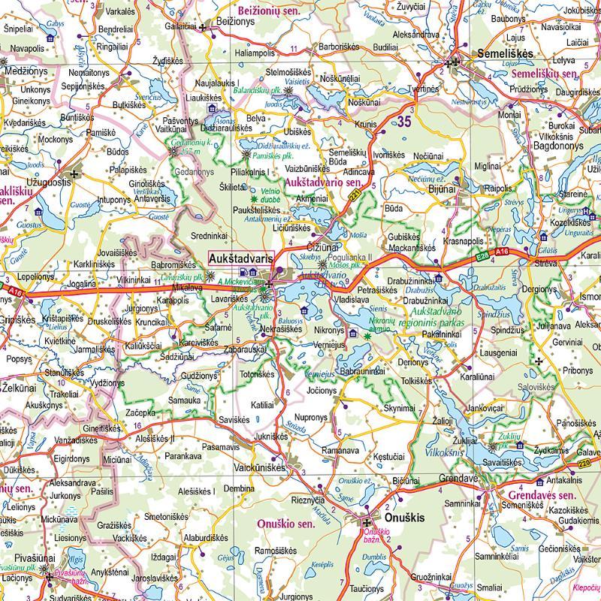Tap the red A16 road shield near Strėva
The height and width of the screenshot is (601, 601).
[x=502, y=252]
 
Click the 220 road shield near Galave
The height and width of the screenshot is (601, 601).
[x=585, y=464]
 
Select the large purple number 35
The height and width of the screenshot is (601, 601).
[x=406, y=120]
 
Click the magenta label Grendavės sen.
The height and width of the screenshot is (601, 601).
[x=542, y=496]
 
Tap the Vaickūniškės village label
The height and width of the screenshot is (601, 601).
[x=258, y=466]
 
